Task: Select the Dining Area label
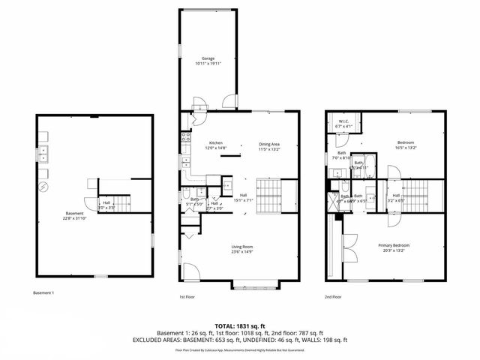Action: [268, 145]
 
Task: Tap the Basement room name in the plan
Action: [74, 215]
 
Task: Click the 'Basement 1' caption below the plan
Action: [44, 292]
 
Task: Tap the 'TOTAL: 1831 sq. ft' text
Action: [239, 325]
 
